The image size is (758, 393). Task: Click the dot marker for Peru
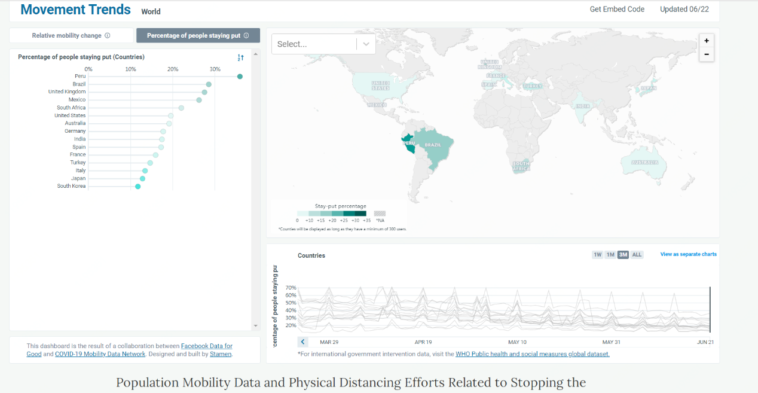click(x=240, y=77)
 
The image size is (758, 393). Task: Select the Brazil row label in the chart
click(x=79, y=84)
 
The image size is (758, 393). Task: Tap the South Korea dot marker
click(x=138, y=187)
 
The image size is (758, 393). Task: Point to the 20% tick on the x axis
click(x=173, y=69)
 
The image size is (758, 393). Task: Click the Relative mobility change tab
click(x=71, y=36)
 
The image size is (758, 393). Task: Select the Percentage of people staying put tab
click(x=198, y=36)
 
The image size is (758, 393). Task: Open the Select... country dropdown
click(x=323, y=44)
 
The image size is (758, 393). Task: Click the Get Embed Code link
click(x=617, y=10)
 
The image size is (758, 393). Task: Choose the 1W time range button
click(x=597, y=255)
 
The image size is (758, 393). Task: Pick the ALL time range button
click(x=637, y=255)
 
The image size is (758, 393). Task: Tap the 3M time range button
click(x=623, y=255)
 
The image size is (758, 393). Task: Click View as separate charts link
click(x=688, y=254)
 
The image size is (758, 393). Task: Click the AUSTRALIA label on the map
click(x=644, y=162)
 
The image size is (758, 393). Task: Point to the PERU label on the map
click(x=409, y=144)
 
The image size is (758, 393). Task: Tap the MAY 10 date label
click(x=517, y=342)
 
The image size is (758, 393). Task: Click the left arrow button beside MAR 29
click(x=303, y=342)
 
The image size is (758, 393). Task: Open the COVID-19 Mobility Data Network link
click(x=100, y=354)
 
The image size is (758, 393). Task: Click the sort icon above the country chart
click(x=240, y=57)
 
